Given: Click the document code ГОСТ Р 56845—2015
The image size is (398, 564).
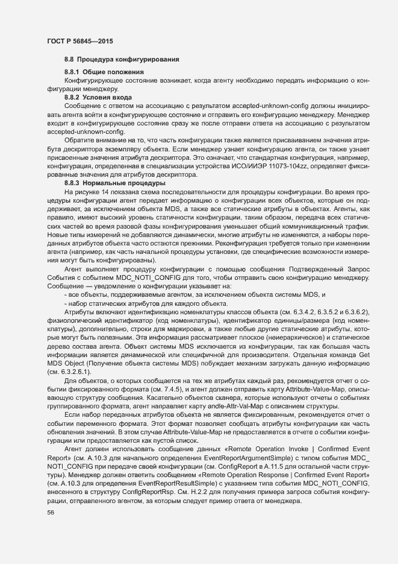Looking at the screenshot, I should click(x=79, y=42).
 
